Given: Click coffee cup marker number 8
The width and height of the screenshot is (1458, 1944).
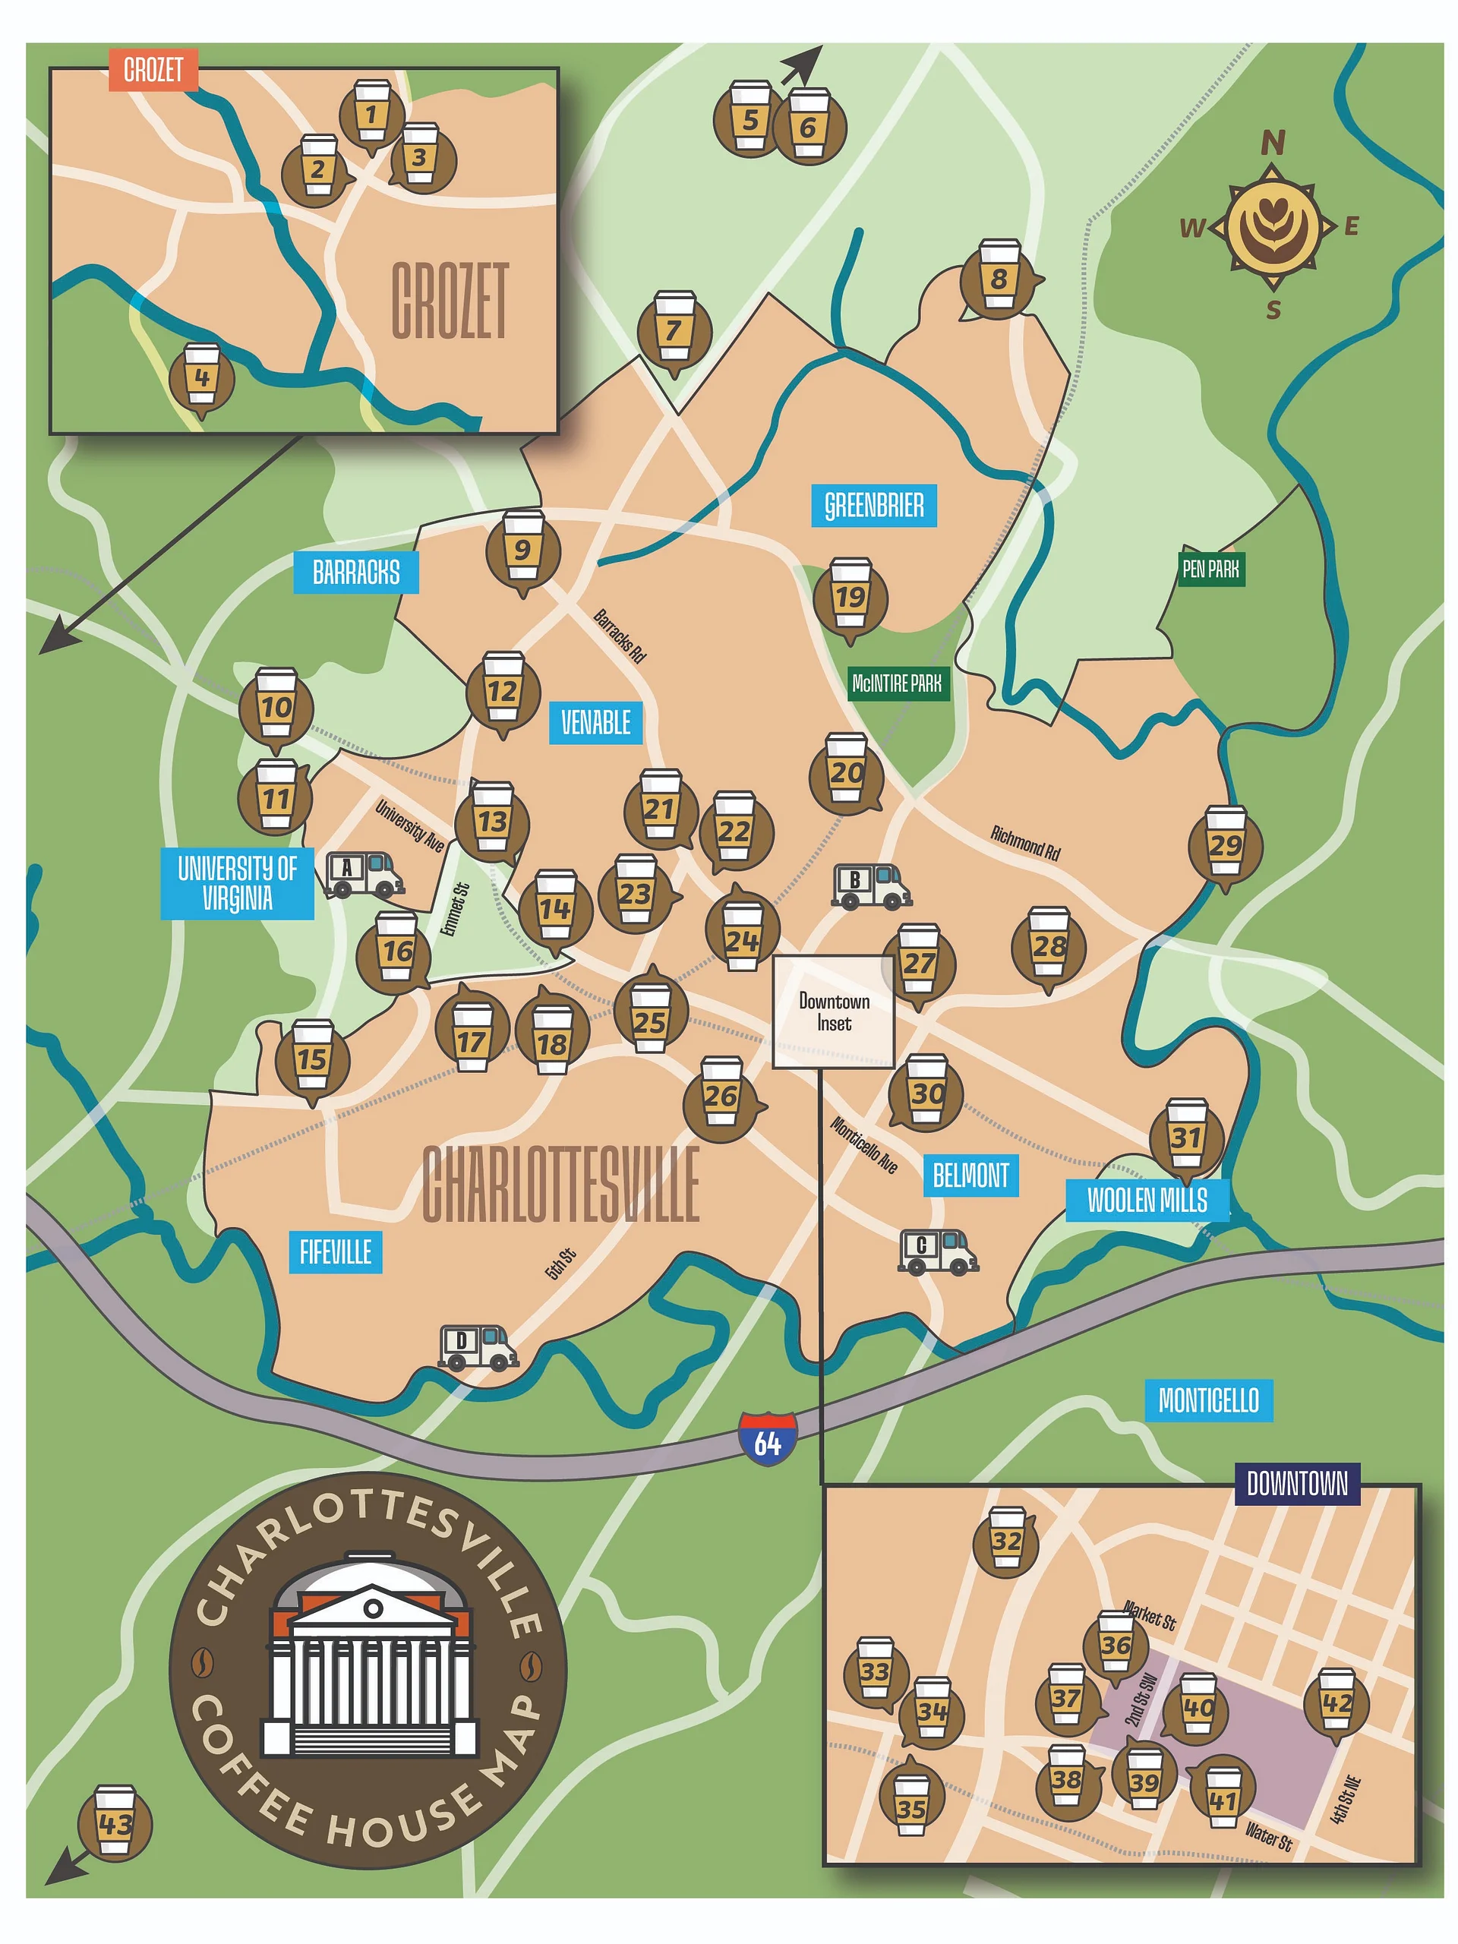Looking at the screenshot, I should click(998, 279).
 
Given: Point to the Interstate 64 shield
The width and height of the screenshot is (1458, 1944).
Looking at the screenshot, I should click(766, 1437).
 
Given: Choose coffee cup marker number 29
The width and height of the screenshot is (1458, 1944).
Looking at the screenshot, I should click(1224, 844).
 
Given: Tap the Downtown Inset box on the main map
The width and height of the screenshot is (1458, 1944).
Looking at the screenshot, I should click(832, 1011).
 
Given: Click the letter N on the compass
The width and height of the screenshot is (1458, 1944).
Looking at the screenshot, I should click(1272, 142).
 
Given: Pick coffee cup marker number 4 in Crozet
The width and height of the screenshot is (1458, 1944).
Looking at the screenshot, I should click(201, 379).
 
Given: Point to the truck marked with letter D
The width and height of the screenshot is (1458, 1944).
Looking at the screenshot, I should click(476, 1347).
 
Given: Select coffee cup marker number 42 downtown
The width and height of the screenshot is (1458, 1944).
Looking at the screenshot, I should click(1335, 1704).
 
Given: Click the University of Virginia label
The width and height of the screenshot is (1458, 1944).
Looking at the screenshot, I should click(236, 883).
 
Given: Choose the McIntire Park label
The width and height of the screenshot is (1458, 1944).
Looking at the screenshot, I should click(898, 683).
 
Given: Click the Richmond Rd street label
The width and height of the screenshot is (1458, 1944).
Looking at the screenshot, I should click(1024, 842).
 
